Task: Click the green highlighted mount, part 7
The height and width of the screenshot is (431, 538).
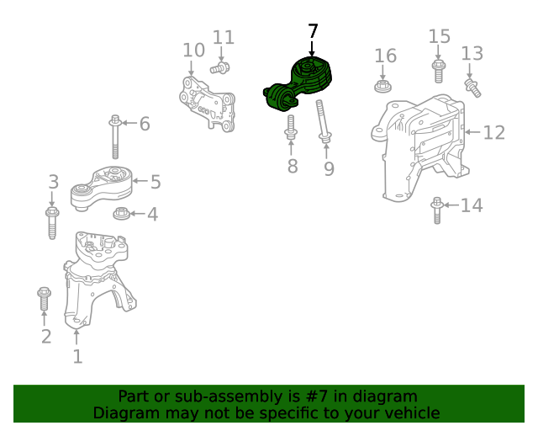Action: (298, 84)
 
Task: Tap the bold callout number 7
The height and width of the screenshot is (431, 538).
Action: (313, 31)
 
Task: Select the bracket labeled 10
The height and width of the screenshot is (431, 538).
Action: (208, 104)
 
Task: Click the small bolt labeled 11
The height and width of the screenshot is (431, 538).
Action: (220, 67)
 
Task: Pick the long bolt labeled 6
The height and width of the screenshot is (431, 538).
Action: (115, 136)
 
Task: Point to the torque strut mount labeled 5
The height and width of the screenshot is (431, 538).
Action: (102, 188)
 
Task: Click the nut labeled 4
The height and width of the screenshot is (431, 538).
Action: (121, 214)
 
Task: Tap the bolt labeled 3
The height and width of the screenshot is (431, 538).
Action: (52, 223)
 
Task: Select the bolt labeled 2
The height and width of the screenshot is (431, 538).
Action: (44, 298)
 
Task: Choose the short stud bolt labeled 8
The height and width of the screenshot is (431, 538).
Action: (291, 127)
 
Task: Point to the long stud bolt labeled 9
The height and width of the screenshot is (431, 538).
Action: (323, 121)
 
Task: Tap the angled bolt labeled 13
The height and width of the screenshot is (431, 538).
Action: (472, 88)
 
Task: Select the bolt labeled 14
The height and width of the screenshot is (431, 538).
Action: (437, 210)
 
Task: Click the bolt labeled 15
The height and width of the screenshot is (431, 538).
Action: (439, 72)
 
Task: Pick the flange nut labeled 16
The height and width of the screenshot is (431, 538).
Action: (382, 86)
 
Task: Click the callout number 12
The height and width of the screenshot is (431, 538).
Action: (493, 132)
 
